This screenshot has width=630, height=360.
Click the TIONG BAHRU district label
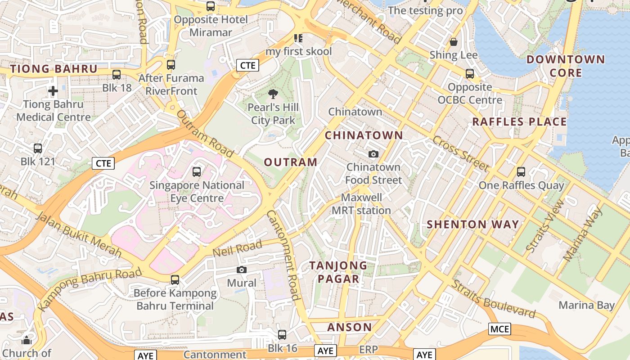(54, 69)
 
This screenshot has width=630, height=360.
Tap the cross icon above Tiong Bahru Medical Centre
(53, 91)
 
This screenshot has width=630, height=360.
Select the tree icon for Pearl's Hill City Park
(273, 94)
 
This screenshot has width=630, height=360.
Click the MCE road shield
(499, 329)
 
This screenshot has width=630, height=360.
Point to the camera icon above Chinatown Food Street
(373, 154)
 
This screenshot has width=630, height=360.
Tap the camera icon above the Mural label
(242, 270)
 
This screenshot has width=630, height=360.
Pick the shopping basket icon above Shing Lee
(454, 42)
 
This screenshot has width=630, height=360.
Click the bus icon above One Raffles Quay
(521, 171)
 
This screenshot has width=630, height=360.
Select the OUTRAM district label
(291, 162)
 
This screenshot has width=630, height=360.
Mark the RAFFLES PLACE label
(519, 121)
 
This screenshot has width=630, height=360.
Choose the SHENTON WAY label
(472, 224)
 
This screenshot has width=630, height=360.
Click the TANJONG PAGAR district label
(338, 272)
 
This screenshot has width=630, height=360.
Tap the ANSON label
(350, 327)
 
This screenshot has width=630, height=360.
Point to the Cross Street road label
(461, 153)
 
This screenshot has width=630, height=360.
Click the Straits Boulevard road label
(494, 299)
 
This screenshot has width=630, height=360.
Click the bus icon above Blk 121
(38, 148)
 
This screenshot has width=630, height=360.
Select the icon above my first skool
(298, 38)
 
